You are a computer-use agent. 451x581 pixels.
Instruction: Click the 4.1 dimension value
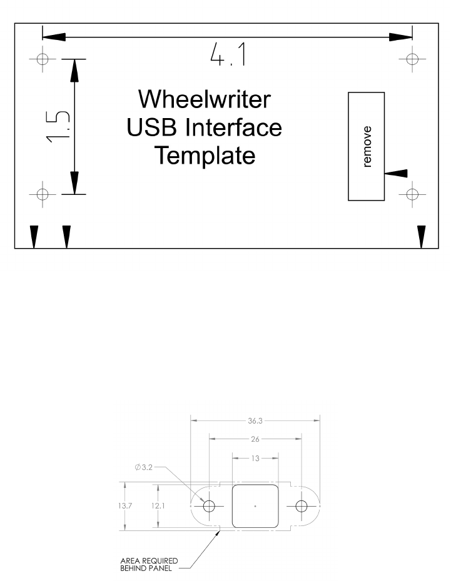[x=228, y=57]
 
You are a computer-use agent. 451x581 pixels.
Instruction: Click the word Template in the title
[x=205, y=155]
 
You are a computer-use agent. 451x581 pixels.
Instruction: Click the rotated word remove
[x=367, y=147]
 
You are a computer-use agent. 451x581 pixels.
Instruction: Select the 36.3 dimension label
[x=255, y=420]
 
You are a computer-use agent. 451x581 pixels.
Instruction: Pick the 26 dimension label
[x=255, y=439]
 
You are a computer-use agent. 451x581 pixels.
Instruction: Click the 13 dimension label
[x=255, y=459]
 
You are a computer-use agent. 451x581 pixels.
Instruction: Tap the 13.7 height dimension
[x=125, y=505]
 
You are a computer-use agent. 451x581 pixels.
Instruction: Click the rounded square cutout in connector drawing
[x=255, y=505]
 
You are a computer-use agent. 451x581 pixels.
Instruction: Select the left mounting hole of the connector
[x=209, y=505]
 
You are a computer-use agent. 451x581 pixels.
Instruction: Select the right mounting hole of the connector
[x=302, y=505]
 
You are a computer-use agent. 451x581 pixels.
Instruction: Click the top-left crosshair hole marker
[x=43, y=59]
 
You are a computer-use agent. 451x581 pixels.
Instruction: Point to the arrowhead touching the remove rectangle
[x=397, y=173]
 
